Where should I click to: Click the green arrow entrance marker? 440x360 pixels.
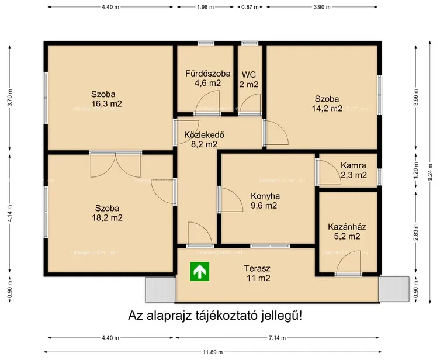[x=200, y=272]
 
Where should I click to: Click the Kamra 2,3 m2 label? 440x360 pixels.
[x=354, y=170]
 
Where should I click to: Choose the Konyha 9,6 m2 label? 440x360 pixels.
[x=265, y=201]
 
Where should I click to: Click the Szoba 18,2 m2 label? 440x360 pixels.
[x=109, y=213]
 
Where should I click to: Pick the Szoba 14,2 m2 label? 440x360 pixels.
[x=327, y=103]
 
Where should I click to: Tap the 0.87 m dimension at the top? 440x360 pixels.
[x=250, y=7]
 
